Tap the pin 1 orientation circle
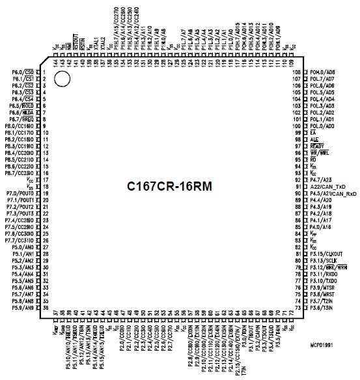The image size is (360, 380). click(62, 79)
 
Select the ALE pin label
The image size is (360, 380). click(314, 139)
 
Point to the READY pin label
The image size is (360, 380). click(317, 146)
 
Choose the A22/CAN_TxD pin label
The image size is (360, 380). click(326, 187)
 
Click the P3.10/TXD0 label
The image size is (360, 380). click(322, 280)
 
